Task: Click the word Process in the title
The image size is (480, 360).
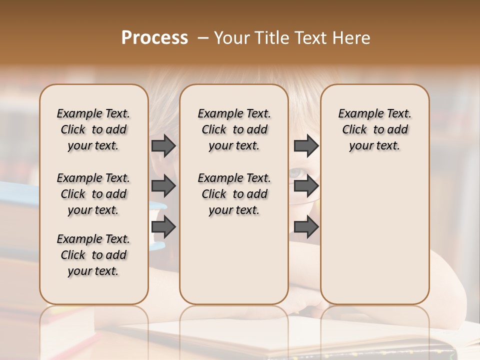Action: point(154,38)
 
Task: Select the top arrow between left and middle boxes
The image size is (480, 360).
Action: point(163,145)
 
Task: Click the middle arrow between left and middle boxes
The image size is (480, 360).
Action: point(163,186)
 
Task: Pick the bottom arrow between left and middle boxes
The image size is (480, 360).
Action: point(163,227)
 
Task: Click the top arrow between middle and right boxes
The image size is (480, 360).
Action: point(306,145)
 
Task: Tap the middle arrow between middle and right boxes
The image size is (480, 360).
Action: point(306,186)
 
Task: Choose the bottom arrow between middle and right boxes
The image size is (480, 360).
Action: point(306,227)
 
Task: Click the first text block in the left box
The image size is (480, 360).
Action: point(93,129)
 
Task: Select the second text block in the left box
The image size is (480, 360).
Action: point(93,194)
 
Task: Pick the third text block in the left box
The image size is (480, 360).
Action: point(93,255)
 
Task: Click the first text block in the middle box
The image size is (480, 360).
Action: point(234,129)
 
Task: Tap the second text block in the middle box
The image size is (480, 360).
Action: point(234,194)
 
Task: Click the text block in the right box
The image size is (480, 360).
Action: point(374,129)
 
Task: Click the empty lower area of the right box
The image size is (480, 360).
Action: point(374,235)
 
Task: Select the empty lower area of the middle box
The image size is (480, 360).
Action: point(234,260)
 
